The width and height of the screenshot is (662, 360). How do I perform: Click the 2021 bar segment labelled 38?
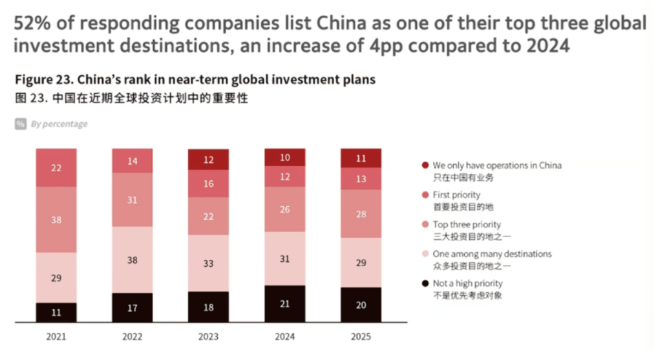coord(56,220)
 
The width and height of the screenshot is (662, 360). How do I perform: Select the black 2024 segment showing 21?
coord(285,304)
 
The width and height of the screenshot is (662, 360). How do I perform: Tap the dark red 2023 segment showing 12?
coord(209,160)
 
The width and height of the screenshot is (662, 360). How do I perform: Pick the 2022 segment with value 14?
coord(133,161)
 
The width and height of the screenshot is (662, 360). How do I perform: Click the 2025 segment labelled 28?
coord(361,214)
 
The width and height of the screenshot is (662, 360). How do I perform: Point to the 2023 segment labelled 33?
coord(209,263)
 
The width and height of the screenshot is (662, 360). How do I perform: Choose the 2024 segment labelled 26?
coord(285,209)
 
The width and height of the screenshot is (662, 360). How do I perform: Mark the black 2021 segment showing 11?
coord(56,312)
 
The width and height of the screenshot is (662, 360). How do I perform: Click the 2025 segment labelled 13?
coord(361,179)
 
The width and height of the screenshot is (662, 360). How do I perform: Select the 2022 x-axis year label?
coord(133,337)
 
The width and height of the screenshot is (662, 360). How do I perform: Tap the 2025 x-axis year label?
coord(361,337)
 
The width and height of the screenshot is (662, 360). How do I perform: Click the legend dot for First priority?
coord(424,195)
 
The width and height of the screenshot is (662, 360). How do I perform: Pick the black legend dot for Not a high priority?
coord(424,284)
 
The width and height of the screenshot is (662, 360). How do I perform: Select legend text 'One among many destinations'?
coord(492,254)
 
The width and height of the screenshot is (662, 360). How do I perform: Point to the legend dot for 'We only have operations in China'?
coord(424,165)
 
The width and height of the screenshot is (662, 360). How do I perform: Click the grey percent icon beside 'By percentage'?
coord(21,123)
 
